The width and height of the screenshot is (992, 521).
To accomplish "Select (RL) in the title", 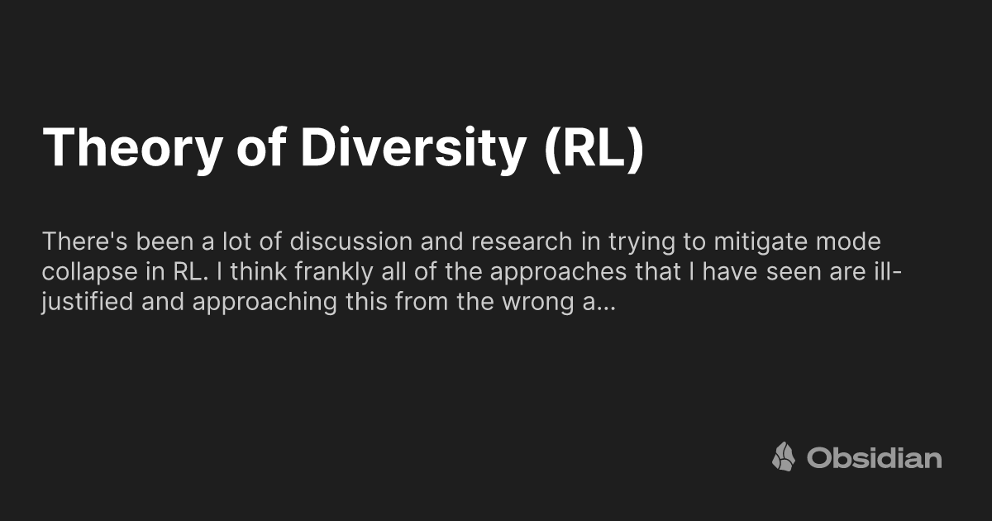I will pyautogui.click(x=593, y=149).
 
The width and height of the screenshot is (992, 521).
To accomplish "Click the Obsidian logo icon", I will pyautogui.click(x=784, y=456).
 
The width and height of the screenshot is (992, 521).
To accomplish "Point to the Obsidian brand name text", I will pyautogui.click(x=874, y=457).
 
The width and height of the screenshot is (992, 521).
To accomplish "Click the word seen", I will pyautogui.click(x=758, y=273).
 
